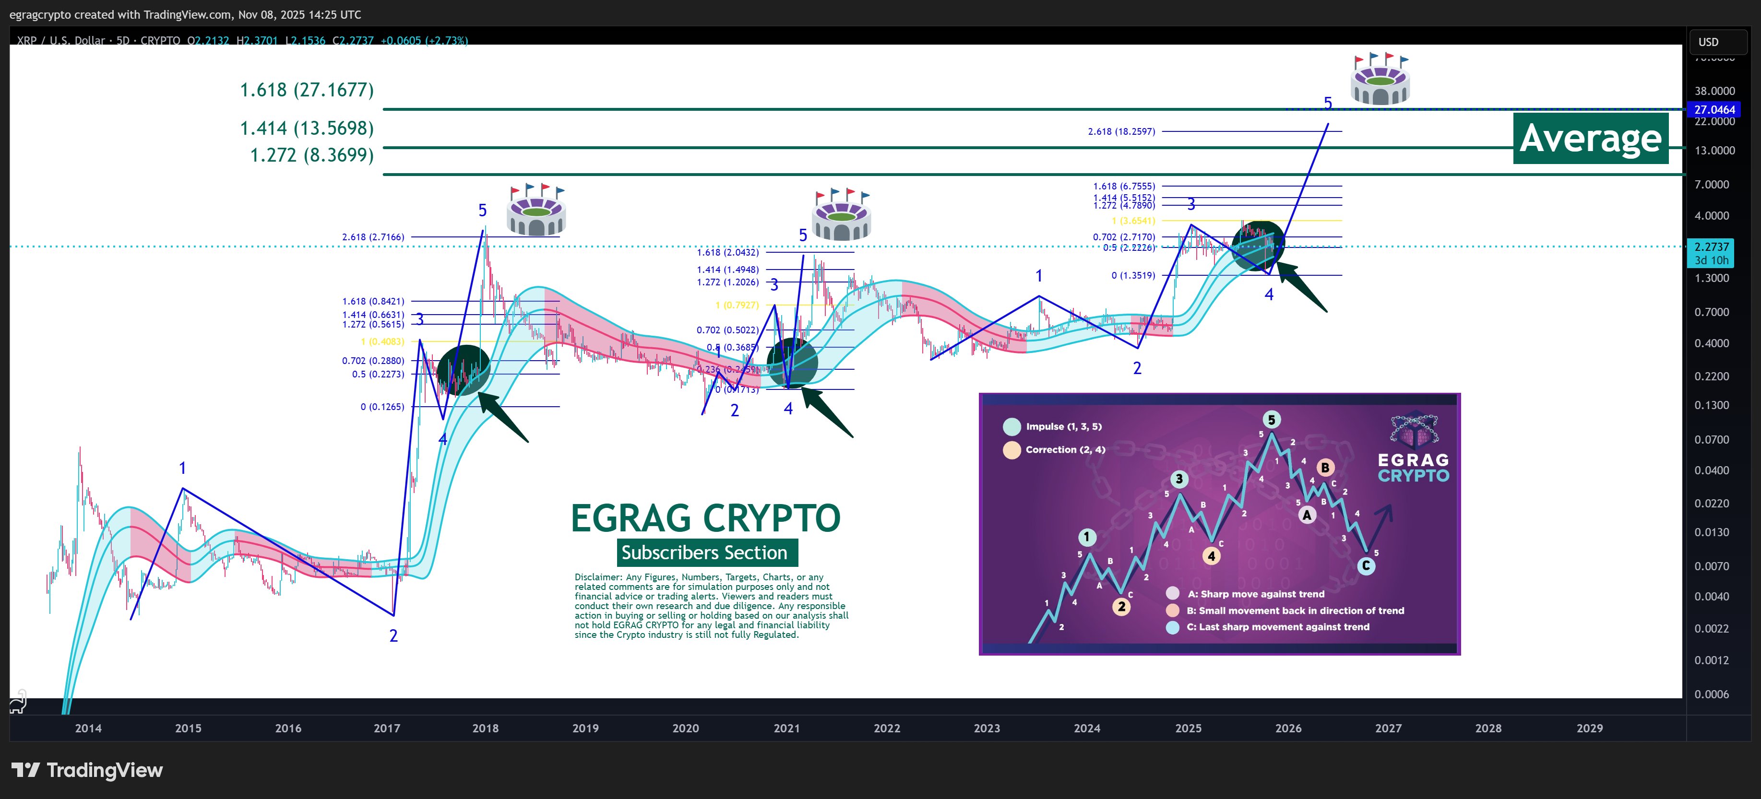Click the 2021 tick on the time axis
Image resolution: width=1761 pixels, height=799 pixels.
(786, 728)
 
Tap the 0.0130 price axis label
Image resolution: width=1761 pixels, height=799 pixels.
(1711, 532)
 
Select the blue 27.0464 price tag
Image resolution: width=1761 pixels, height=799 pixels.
(1714, 109)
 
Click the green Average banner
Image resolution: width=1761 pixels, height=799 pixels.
(1590, 138)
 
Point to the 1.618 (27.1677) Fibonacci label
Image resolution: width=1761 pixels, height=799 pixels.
(306, 90)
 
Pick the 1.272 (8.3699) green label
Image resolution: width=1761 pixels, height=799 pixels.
(312, 155)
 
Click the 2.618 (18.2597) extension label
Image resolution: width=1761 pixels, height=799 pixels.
(1121, 131)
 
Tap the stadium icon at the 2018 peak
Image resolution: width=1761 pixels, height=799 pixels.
(536, 211)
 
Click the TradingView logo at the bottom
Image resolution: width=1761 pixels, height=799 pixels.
(87, 770)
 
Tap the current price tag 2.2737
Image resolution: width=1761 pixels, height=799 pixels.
(1711, 247)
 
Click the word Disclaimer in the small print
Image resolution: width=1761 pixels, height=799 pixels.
(597, 577)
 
